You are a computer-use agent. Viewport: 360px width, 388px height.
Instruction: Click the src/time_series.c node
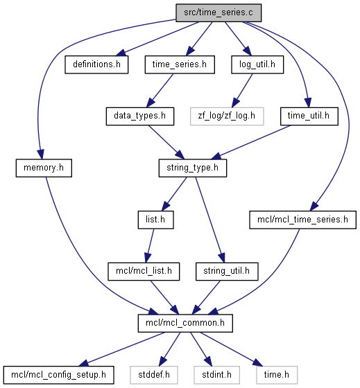218,12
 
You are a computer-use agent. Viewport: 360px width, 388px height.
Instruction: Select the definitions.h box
96,64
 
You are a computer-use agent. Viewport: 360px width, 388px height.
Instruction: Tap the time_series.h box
180,64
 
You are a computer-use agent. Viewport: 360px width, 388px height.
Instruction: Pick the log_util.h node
257,64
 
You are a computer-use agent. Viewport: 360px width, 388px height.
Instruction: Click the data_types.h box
140,116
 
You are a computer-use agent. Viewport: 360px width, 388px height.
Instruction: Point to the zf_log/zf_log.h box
227,116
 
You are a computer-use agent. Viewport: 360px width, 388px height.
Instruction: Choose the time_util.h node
309,116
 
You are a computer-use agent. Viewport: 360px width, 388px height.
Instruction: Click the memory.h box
44,168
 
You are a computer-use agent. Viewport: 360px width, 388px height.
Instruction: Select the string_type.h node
193,168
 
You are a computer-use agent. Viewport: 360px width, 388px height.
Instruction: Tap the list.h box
155,220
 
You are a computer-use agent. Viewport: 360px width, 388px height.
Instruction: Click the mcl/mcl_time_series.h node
302,220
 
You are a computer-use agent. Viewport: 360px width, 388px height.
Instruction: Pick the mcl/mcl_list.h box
144,272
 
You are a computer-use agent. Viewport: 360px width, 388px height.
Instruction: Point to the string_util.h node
227,272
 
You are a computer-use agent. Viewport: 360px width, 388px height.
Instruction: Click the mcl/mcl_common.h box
185,323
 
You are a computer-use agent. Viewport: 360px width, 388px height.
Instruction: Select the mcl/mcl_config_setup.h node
58,375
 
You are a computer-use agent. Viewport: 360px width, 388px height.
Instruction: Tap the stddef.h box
154,375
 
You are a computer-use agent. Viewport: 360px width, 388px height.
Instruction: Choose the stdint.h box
216,375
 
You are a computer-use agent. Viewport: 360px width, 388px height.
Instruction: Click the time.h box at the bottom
277,375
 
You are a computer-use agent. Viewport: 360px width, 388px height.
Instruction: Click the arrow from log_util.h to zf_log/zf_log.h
242,91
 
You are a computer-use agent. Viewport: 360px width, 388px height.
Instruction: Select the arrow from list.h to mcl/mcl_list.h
149,246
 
